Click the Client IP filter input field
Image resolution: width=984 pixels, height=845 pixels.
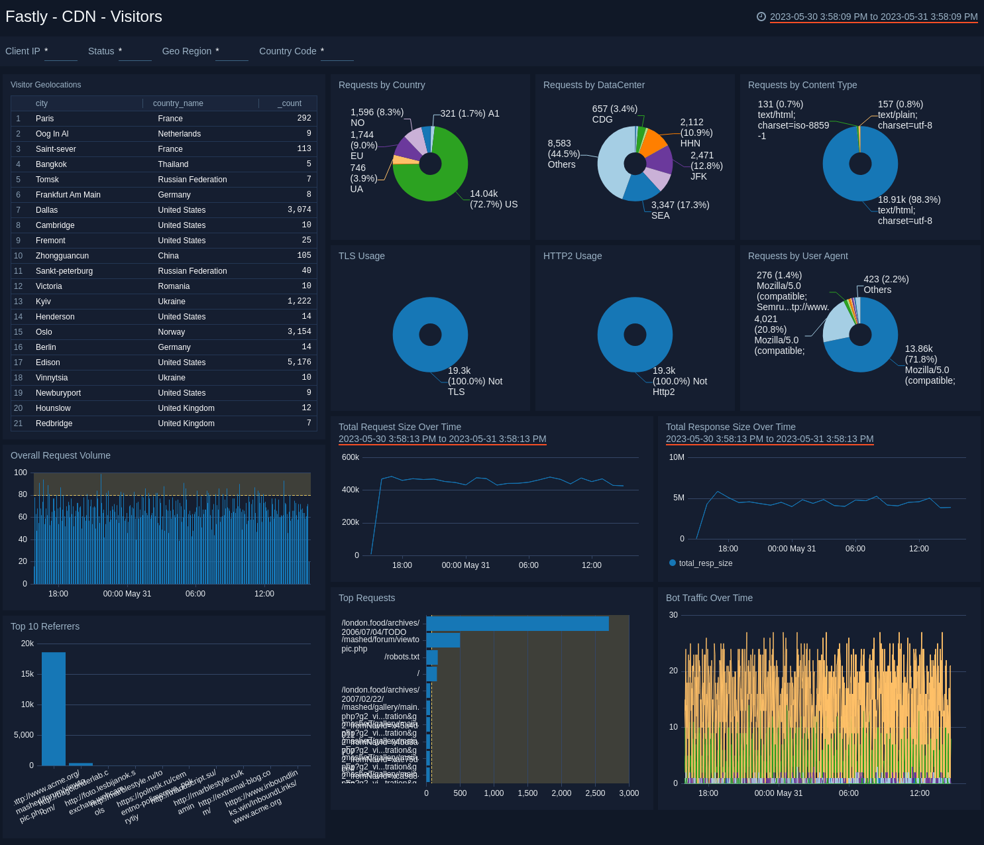60,52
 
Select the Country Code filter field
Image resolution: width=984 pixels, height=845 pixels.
337,52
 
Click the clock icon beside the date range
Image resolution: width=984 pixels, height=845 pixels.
761,17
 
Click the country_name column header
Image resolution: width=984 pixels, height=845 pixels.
178,103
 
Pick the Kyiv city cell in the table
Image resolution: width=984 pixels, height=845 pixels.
43,302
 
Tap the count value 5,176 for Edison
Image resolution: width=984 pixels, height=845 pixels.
299,363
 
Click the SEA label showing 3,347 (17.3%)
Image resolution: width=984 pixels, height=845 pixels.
680,210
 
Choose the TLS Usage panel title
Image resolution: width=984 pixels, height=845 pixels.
362,256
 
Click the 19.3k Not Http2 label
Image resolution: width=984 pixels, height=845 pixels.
679,381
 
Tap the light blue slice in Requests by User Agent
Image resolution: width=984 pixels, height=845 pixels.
836,321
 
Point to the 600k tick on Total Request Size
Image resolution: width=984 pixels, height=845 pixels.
350,457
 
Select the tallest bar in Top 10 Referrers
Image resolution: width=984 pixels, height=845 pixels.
54,708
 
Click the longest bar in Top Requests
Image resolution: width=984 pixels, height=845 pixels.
517,624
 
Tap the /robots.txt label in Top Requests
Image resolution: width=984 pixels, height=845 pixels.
402,657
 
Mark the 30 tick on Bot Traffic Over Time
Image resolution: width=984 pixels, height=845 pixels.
673,615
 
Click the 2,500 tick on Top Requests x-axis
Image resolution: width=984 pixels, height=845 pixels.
595,793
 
